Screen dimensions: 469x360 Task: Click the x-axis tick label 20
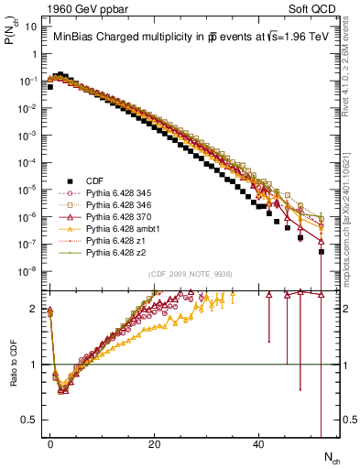155,443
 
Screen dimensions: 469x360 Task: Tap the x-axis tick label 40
259,443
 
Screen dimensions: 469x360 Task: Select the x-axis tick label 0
50,443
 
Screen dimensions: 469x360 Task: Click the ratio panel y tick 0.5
30,419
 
